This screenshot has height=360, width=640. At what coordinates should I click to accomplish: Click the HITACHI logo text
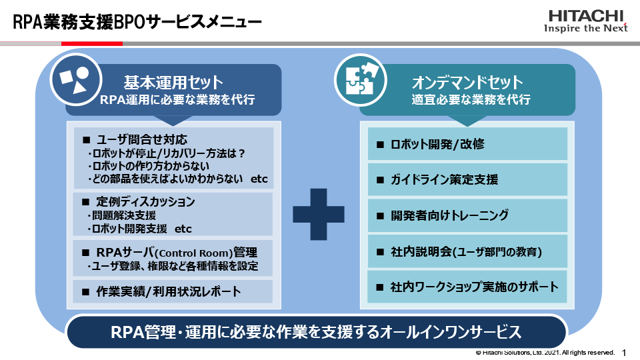coord(586,15)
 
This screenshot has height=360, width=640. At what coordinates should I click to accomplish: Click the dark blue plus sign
coord(319,213)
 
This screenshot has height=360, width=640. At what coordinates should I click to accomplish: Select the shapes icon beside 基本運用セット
coord(74,80)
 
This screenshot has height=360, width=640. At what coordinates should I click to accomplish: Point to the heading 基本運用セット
coord(173,83)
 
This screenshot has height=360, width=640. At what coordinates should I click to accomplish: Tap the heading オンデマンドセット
coord(467,83)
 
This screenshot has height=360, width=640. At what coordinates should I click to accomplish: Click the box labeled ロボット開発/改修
coord(467,143)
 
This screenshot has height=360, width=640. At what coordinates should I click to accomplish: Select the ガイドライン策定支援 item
coord(467,179)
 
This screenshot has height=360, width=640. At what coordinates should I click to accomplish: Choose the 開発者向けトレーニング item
coord(467,215)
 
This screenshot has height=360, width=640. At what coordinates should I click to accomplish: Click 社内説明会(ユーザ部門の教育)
coord(467,251)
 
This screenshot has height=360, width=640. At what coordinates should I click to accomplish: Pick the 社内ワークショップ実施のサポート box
coord(467,287)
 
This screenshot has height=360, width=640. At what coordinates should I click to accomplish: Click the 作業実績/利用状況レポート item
coord(168,291)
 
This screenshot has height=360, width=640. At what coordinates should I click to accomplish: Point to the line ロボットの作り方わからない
coord(149,166)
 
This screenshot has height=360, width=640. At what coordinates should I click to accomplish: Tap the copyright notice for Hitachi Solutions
coord(545,352)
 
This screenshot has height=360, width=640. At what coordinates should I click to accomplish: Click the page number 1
coord(624,352)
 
